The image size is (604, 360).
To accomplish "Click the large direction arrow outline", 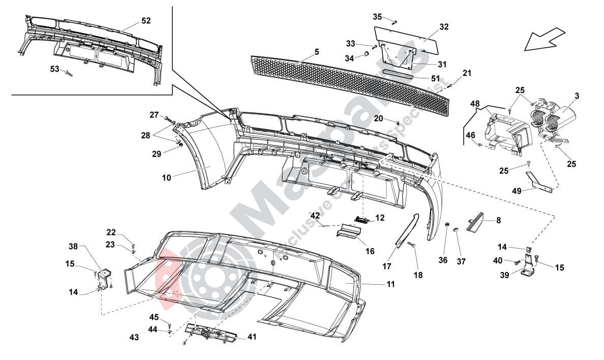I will click(543, 40).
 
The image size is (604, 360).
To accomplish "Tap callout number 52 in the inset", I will click(146, 21).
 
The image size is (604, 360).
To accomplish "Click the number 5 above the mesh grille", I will click(316, 52).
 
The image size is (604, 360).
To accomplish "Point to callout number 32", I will click(444, 26).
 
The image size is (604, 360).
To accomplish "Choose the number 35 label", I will click(377, 17).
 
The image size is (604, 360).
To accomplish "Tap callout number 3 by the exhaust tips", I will click(577, 96).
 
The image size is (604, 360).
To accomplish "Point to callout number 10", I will click(167, 177).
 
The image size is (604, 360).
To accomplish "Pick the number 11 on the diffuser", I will click(390, 285).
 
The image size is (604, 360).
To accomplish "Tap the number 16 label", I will click(370, 251).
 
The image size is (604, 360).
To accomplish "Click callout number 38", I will click(74, 247).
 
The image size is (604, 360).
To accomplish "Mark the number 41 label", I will click(253, 337).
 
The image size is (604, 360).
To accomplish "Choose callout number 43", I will click(134, 337).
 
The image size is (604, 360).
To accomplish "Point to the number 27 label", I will click(154, 115).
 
